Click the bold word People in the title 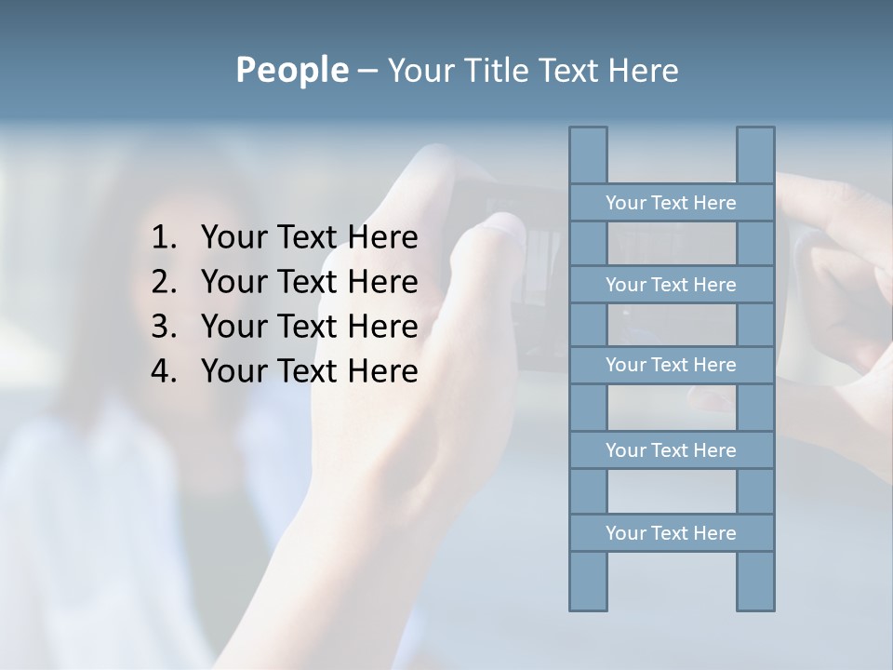click(x=291, y=71)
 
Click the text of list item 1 click(x=309, y=238)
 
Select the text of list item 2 click(x=309, y=282)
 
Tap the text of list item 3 click(x=309, y=327)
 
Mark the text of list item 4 click(x=309, y=371)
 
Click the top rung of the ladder click(x=671, y=203)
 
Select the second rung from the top click(x=671, y=285)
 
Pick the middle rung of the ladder click(x=671, y=365)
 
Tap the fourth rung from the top click(x=671, y=450)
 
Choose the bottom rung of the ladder click(x=671, y=533)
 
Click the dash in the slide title click(x=367, y=72)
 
